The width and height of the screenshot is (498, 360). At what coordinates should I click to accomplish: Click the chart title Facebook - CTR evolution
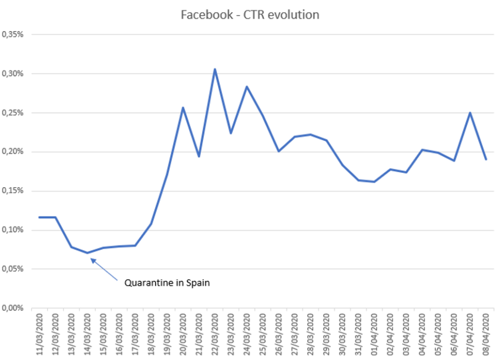click(x=250, y=15)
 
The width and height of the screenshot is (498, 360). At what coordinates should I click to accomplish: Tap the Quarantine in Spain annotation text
click(x=168, y=282)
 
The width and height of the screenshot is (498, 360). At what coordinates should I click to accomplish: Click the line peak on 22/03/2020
click(x=215, y=69)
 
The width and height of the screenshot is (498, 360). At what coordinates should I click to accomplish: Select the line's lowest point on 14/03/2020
click(x=87, y=253)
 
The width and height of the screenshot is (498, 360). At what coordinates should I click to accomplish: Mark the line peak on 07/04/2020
click(x=470, y=113)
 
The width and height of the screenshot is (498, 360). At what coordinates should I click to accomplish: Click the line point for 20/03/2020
click(x=183, y=107)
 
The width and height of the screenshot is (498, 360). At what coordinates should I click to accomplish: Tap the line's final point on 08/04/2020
click(x=486, y=160)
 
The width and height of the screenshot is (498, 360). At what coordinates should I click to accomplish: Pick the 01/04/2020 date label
click(x=375, y=334)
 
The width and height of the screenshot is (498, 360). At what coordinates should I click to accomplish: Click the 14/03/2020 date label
click(x=87, y=334)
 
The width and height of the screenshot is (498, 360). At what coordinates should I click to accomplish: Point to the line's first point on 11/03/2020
click(x=39, y=217)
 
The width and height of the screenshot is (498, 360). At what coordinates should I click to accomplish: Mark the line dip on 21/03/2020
click(x=199, y=157)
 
